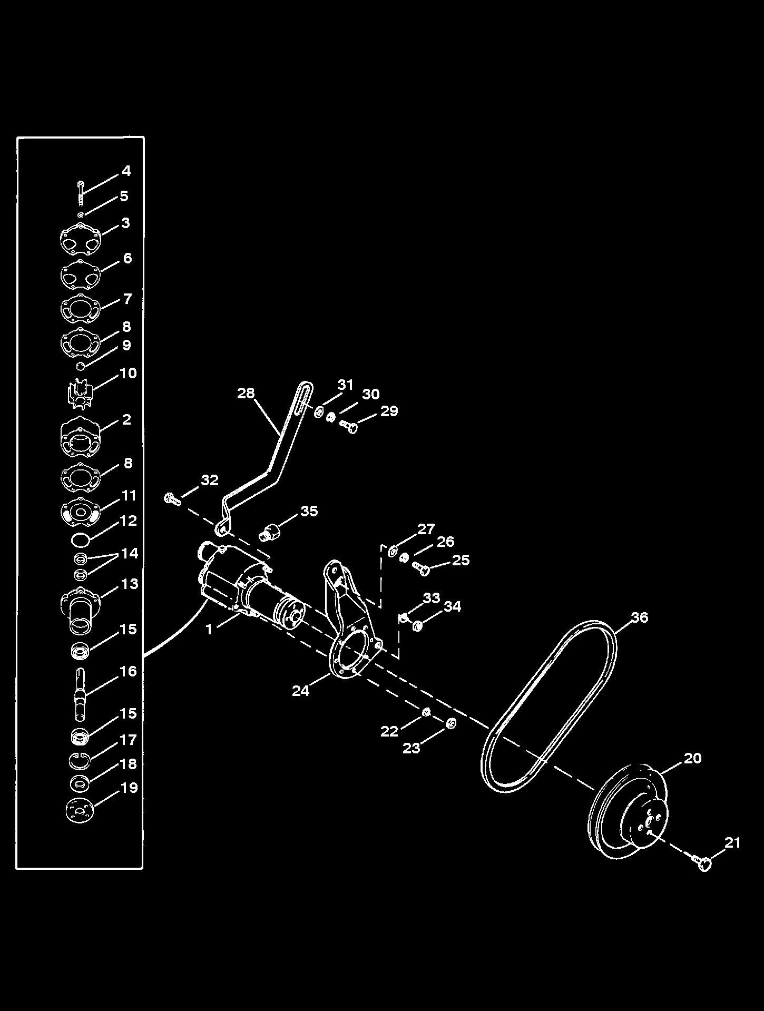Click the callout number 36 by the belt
coord(639,617)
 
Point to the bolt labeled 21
coord(702,863)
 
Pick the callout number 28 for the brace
coord(246,393)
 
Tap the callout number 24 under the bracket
coord(300,690)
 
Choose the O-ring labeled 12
coord(80,539)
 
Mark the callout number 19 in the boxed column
coord(129,788)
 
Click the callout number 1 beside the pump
coord(209,629)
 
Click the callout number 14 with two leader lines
coord(129,553)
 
